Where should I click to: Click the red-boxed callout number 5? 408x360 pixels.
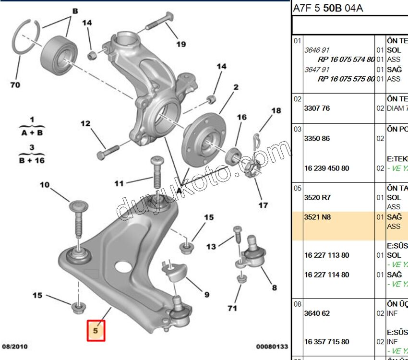tap(95, 330)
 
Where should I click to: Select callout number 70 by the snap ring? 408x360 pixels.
tap(15, 85)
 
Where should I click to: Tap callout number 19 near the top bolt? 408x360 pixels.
tap(180, 44)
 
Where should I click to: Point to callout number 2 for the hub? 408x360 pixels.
tap(236, 87)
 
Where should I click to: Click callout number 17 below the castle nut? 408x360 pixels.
tap(263, 205)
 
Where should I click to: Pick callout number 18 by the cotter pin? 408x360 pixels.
tap(276, 111)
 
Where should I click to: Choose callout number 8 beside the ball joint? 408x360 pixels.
tap(274, 288)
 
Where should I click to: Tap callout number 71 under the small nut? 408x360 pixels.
tap(232, 308)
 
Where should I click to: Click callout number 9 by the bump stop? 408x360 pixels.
tap(206, 294)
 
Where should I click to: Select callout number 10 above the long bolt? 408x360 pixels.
tap(44, 185)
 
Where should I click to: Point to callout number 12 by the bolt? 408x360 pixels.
tap(85, 124)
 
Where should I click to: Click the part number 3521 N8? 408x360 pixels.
tap(317, 217)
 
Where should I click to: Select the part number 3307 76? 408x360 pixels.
tap(317, 108)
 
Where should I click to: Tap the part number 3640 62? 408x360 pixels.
tap(317, 313)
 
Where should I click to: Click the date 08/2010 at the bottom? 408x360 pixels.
tap(15, 346)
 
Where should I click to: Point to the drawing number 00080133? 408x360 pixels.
tap(272, 346)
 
